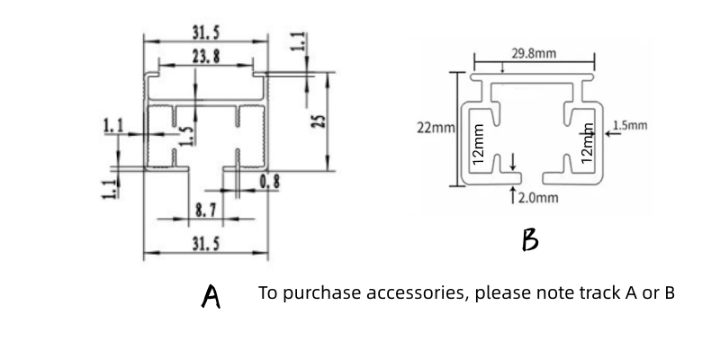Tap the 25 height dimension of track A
[316, 121]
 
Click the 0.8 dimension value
[269, 183]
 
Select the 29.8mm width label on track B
[534, 54]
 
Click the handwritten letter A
[211, 296]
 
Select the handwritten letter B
[530, 240]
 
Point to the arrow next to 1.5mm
[611, 133]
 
